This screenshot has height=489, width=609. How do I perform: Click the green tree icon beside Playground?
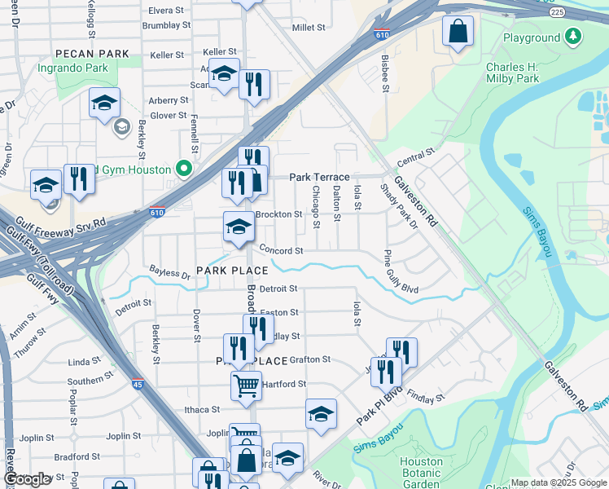(x=574, y=37)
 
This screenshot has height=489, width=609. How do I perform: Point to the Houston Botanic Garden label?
(x=421, y=473)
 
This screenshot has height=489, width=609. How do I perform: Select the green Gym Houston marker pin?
(x=184, y=170)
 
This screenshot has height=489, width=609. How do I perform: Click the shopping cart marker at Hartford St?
(x=245, y=384)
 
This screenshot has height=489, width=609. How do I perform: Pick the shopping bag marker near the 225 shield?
(x=458, y=32)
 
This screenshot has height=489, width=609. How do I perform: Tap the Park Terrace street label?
(x=319, y=177)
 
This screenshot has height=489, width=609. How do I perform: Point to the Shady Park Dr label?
(x=398, y=205)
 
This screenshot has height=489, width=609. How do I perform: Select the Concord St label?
(x=281, y=251)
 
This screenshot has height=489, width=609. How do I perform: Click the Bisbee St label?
(x=385, y=72)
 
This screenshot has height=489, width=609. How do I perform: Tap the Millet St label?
(x=309, y=27)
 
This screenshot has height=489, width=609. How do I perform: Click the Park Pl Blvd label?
(x=379, y=405)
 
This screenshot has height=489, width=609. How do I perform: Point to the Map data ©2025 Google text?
(x=558, y=482)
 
